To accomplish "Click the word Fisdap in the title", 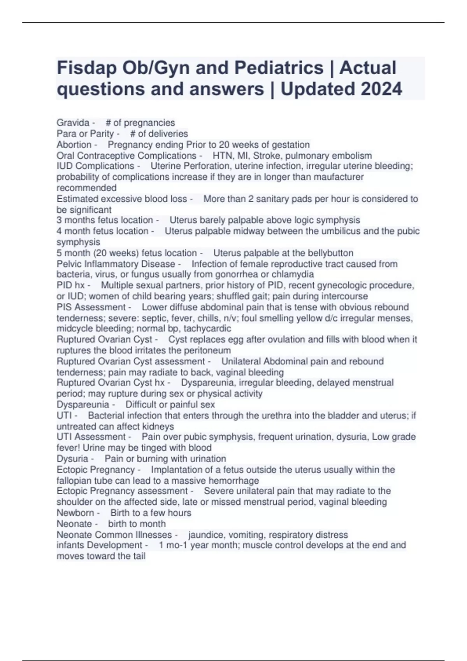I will [x=87, y=68].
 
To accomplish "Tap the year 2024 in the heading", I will [x=381, y=89].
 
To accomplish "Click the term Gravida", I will [x=73, y=123].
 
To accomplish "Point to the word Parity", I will [x=102, y=134].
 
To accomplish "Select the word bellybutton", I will [x=330, y=253].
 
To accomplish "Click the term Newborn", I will [x=75, y=513].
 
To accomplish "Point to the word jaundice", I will [x=205, y=535].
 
